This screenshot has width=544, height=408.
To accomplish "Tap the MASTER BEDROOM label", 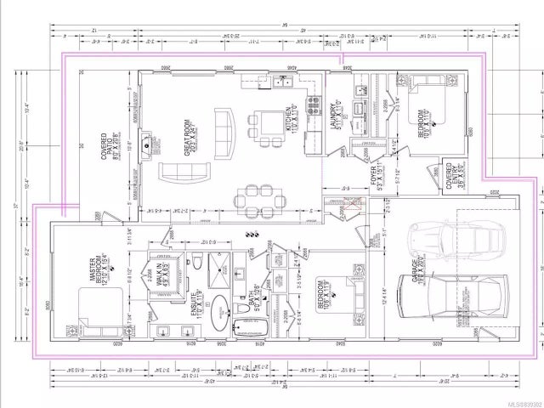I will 101,269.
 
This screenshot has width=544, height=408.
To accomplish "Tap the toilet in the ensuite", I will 196,260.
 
